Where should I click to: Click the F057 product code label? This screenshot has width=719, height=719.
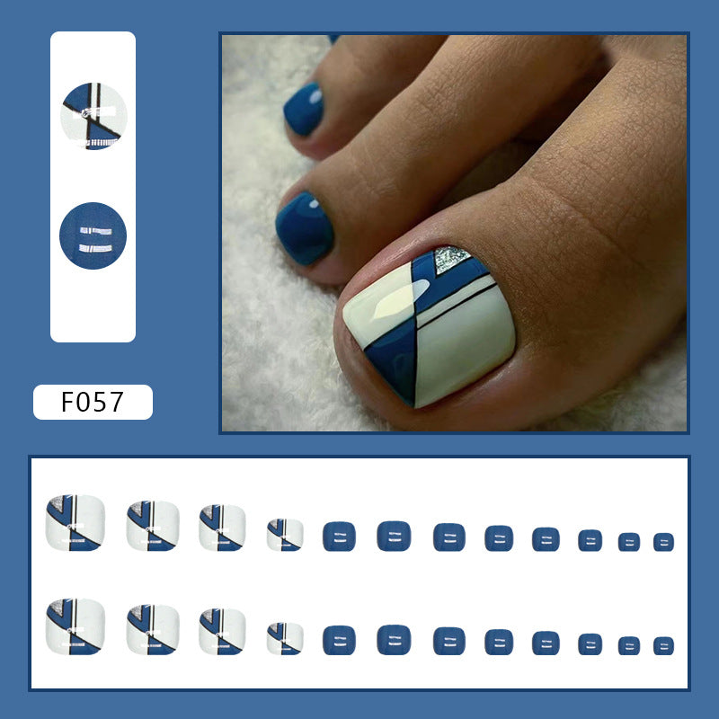(x=93, y=402)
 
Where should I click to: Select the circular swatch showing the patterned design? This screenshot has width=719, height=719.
(x=93, y=116)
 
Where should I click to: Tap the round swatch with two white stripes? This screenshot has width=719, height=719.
(x=93, y=235)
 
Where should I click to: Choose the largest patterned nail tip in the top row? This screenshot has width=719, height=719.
(x=75, y=523)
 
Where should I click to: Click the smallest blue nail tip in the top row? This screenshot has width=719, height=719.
(x=663, y=542)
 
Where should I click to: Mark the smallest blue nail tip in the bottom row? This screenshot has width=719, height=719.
(x=663, y=645)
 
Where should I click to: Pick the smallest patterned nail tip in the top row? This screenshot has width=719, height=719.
(x=285, y=535)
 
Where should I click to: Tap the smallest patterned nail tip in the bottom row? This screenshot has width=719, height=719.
(x=285, y=638)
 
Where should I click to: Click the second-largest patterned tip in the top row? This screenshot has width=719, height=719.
(x=153, y=526)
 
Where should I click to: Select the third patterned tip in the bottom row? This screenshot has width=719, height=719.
(x=222, y=631)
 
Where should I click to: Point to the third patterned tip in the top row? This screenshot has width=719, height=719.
(x=222, y=528)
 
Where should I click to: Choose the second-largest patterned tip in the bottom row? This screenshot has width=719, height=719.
(x=153, y=629)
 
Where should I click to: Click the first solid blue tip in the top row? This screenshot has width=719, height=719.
(x=339, y=537)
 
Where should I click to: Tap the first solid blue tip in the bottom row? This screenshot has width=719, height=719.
(x=339, y=640)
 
